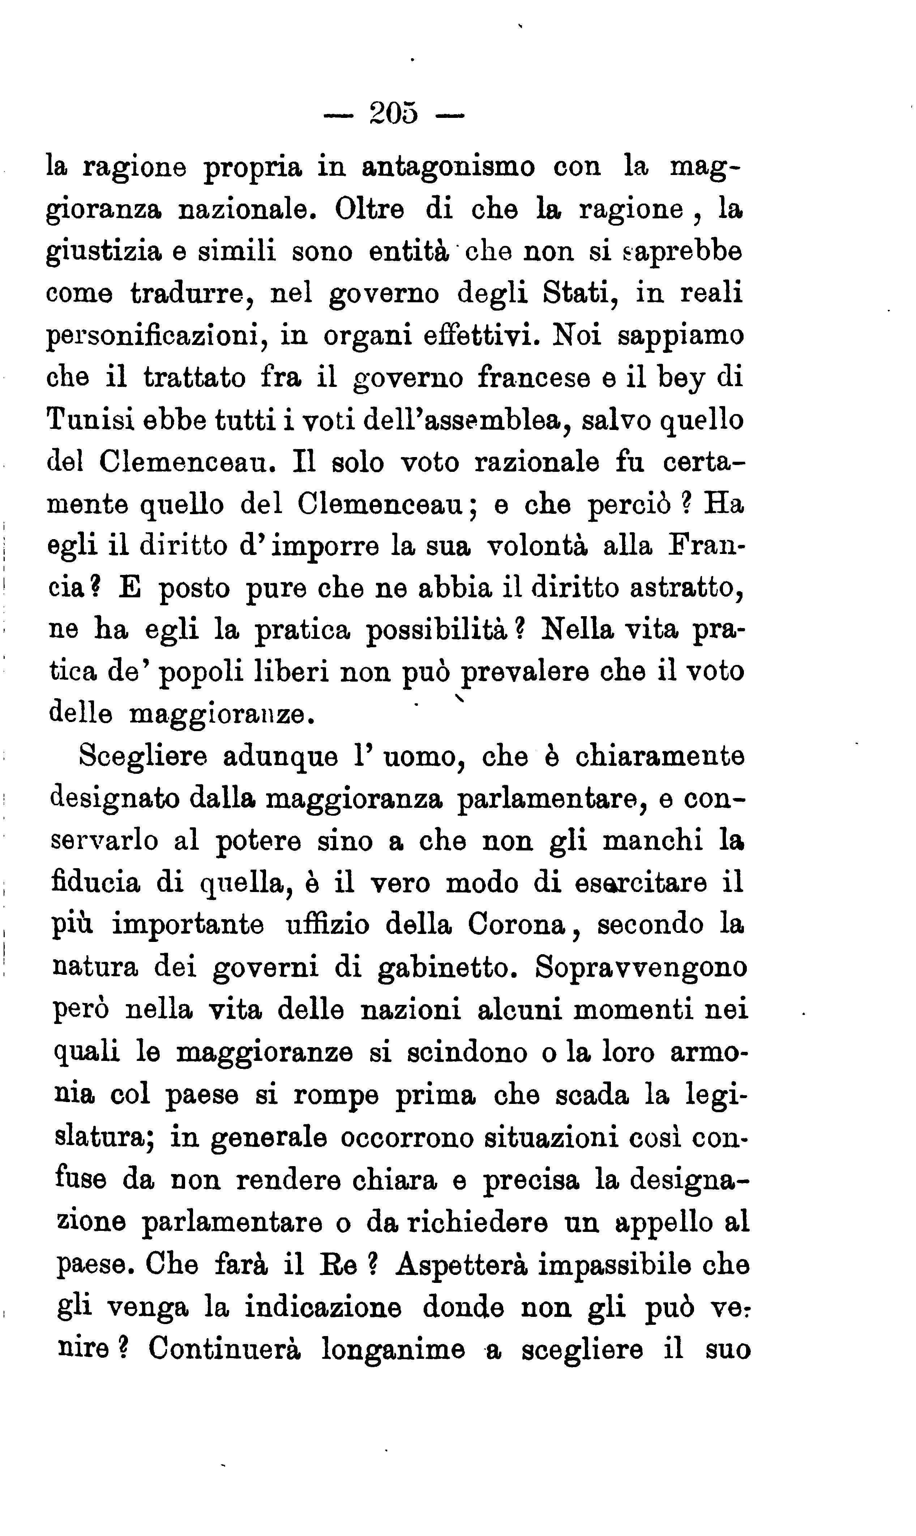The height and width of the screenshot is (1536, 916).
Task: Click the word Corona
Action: click(517, 924)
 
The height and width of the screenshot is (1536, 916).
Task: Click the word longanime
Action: click(393, 1349)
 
